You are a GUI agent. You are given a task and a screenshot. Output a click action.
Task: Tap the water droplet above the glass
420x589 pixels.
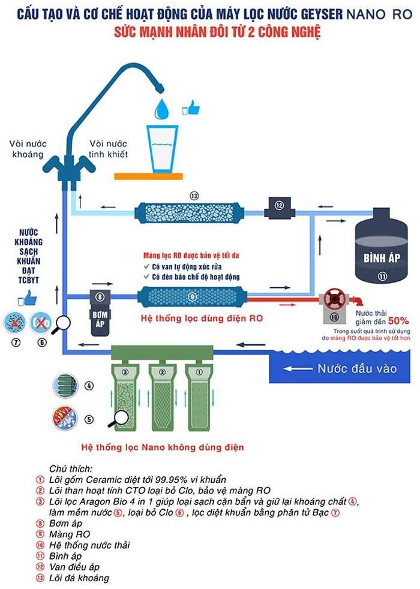point(162,109)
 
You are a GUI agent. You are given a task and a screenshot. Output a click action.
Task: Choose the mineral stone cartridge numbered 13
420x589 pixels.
point(190,211)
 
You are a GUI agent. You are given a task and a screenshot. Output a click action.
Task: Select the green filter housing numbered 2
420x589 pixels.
point(160,396)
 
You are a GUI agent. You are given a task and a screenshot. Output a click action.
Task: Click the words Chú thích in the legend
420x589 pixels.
point(71,468)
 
